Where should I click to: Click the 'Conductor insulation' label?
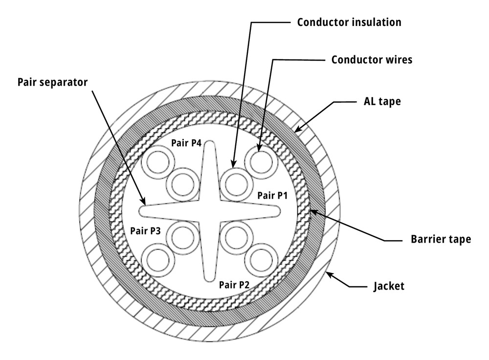click(x=349, y=22)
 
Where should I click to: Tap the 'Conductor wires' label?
click(x=372, y=59)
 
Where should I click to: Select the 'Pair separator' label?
click(x=52, y=82)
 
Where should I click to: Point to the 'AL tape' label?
click(x=382, y=101)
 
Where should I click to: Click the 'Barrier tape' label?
click(x=441, y=239)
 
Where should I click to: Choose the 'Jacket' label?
click(x=389, y=286)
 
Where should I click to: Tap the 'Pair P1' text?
click(x=272, y=196)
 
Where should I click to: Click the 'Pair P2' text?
click(x=234, y=285)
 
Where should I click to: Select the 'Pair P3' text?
click(x=145, y=231)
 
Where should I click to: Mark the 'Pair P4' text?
click(x=186, y=143)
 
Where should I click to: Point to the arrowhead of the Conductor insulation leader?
click(x=233, y=164)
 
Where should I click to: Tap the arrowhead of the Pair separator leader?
click(x=143, y=202)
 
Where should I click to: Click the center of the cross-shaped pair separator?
click(x=209, y=211)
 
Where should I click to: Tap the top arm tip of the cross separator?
click(x=209, y=142)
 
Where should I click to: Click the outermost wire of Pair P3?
click(x=157, y=261)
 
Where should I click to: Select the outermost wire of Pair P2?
click(x=261, y=261)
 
